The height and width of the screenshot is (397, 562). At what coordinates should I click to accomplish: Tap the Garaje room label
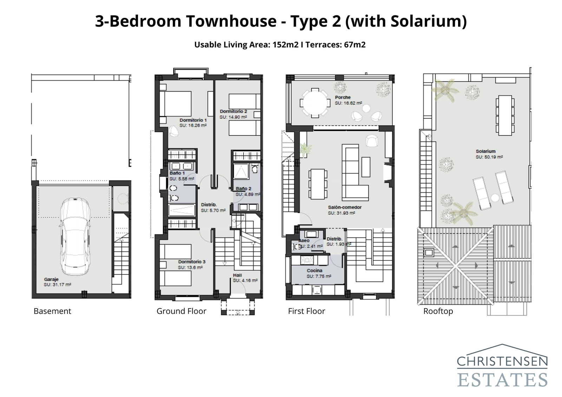coord(51,279)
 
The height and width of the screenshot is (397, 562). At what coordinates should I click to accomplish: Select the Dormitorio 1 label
coord(193,120)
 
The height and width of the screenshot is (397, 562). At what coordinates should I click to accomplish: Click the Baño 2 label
coord(243,189)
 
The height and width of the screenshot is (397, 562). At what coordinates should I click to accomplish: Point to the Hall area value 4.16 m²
coord(245,280)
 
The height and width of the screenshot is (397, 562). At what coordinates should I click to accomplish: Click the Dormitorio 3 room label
coord(191,262)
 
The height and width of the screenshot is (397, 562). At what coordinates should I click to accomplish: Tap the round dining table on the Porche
coord(315,103)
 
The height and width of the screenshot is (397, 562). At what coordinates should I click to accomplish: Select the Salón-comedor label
coord(345,207)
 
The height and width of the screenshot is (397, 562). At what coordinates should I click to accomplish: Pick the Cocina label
coord(314,270)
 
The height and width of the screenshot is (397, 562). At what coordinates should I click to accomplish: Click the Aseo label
coord(304,240)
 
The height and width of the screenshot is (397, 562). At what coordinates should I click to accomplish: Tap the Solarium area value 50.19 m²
coord(489,157)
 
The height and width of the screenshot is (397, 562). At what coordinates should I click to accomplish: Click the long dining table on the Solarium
coord(505,115)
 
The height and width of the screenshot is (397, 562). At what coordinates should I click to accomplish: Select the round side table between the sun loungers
coord(495,198)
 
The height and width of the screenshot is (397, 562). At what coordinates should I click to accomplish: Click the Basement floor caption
coord(52,311)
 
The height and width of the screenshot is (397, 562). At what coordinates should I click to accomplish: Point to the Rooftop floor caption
coord(438,311)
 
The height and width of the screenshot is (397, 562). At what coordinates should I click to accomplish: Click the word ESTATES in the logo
coord(502,380)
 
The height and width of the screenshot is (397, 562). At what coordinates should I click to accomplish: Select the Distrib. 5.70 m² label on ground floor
coord(213,208)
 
